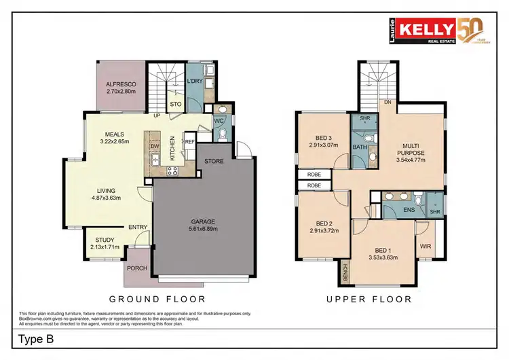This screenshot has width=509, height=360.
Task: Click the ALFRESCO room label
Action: pyautogui.click(x=121, y=84)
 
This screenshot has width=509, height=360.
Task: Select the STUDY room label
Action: pyautogui.click(x=105, y=240)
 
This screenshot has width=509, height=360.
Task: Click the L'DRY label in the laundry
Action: pyautogui.click(x=195, y=82)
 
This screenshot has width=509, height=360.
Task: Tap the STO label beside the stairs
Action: pyautogui.click(x=175, y=105)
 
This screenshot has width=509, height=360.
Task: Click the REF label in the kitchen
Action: pyautogui.click(x=190, y=141)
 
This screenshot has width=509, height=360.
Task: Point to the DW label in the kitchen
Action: pyautogui.click(x=155, y=145)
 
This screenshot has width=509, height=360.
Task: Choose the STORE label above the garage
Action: pyautogui.click(x=214, y=162)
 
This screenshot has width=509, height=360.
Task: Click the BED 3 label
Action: pyautogui.click(x=323, y=138)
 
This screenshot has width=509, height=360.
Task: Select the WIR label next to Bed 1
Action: pyautogui.click(x=426, y=246)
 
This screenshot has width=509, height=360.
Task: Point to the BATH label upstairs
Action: pyautogui.click(x=360, y=147)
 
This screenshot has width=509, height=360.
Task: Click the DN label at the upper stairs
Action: pyautogui.click(x=388, y=103)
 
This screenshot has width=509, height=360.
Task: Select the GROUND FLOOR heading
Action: pyautogui.click(x=157, y=299)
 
